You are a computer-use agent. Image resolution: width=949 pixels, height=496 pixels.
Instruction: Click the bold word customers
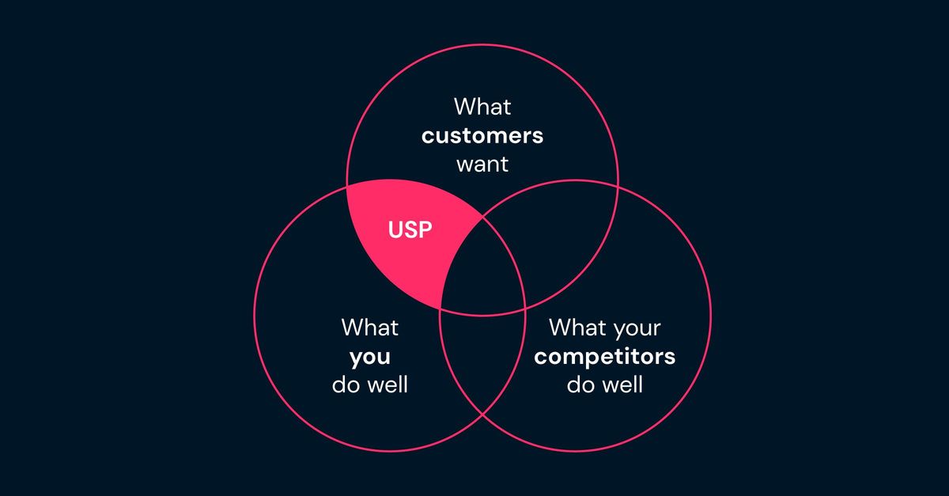[482, 136]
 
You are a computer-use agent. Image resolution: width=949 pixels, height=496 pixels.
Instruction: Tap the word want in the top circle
[482, 165]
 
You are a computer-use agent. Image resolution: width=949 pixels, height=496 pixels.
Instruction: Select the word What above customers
[482, 106]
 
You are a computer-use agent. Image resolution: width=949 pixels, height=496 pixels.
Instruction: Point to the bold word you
[370, 357]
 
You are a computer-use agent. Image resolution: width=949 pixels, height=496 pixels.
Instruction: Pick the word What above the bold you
[370, 327]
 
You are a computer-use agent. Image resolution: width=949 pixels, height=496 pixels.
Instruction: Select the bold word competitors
[604, 356]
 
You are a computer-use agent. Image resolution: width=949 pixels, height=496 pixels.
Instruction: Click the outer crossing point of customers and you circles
[347, 186]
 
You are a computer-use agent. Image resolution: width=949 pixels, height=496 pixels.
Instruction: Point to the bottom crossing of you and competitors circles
[482, 415]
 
